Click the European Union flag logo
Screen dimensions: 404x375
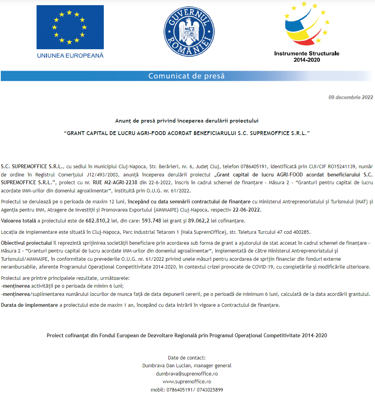70,27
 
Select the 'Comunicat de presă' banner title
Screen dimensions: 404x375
186,76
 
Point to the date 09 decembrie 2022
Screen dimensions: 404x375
350,98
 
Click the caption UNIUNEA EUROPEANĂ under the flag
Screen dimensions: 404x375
70,55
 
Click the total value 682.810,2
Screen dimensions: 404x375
98,221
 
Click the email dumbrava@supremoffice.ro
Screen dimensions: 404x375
187,374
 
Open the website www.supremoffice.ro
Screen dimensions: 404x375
187,381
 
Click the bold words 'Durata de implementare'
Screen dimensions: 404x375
29,305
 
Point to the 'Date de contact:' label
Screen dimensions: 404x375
187,358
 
